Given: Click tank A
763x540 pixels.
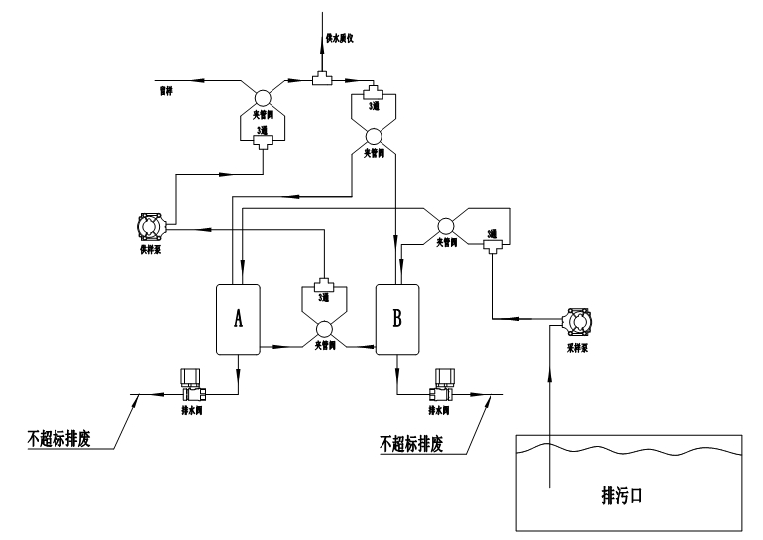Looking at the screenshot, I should pyautogui.click(x=237, y=318).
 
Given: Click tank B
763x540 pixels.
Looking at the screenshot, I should pyautogui.click(x=397, y=318).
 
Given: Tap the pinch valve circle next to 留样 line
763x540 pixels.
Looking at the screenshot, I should pyautogui.click(x=263, y=97).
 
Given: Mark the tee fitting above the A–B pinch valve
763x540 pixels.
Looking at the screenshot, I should pyautogui.click(x=322, y=284).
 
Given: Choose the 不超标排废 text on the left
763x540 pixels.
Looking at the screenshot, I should pyautogui.click(x=59, y=437).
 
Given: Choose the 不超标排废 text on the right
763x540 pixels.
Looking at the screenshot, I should pyautogui.click(x=412, y=443).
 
